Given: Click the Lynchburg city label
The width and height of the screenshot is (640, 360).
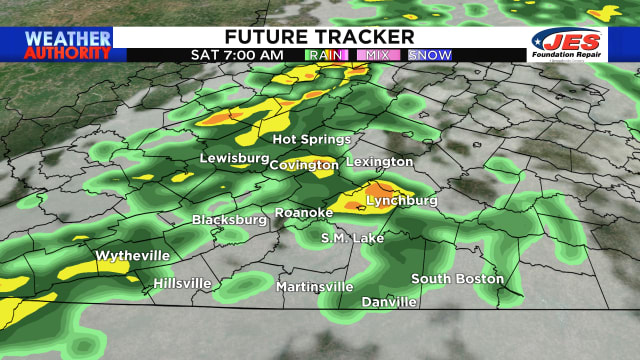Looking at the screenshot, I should click(x=402, y=201).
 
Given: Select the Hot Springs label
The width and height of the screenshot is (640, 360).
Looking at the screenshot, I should click(x=312, y=139).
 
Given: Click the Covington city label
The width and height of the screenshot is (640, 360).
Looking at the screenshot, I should click(x=303, y=164).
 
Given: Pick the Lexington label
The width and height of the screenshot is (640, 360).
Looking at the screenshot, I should click(x=379, y=161).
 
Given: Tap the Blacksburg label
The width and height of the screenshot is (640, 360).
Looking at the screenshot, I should click(x=231, y=219).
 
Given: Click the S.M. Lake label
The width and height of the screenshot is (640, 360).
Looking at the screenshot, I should click(x=352, y=238).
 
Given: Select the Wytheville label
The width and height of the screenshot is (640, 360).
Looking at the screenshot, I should click(x=132, y=256).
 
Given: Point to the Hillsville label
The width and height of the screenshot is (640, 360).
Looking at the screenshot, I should click(x=182, y=284).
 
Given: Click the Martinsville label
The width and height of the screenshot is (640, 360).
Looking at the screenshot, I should click(x=315, y=287).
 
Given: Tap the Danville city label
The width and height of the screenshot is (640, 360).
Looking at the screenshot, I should click(x=389, y=301).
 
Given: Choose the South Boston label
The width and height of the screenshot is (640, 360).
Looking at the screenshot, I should click(x=457, y=279).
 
